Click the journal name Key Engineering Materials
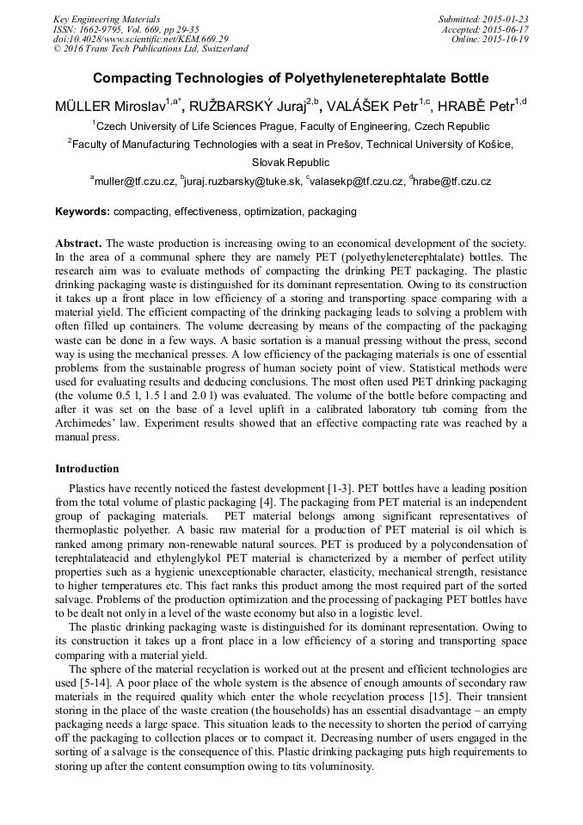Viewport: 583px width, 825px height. click(x=106, y=18)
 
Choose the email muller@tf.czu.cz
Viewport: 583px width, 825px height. click(x=135, y=182)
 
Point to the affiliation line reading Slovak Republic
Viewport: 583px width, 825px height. click(x=291, y=162)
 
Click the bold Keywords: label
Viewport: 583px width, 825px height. click(x=83, y=211)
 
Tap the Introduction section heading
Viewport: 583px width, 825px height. click(x=87, y=469)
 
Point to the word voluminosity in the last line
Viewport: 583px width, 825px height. click(x=339, y=766)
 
